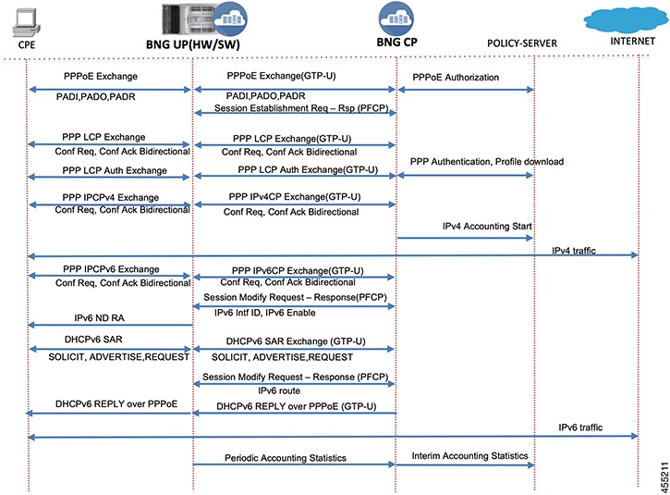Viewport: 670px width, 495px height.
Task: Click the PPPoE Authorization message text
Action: pos(456,77)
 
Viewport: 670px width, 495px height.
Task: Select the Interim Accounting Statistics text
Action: pos(469,455)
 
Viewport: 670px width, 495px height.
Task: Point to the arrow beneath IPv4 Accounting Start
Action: pos(465,238)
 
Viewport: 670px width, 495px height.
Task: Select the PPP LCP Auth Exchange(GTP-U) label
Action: pos(295,169)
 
